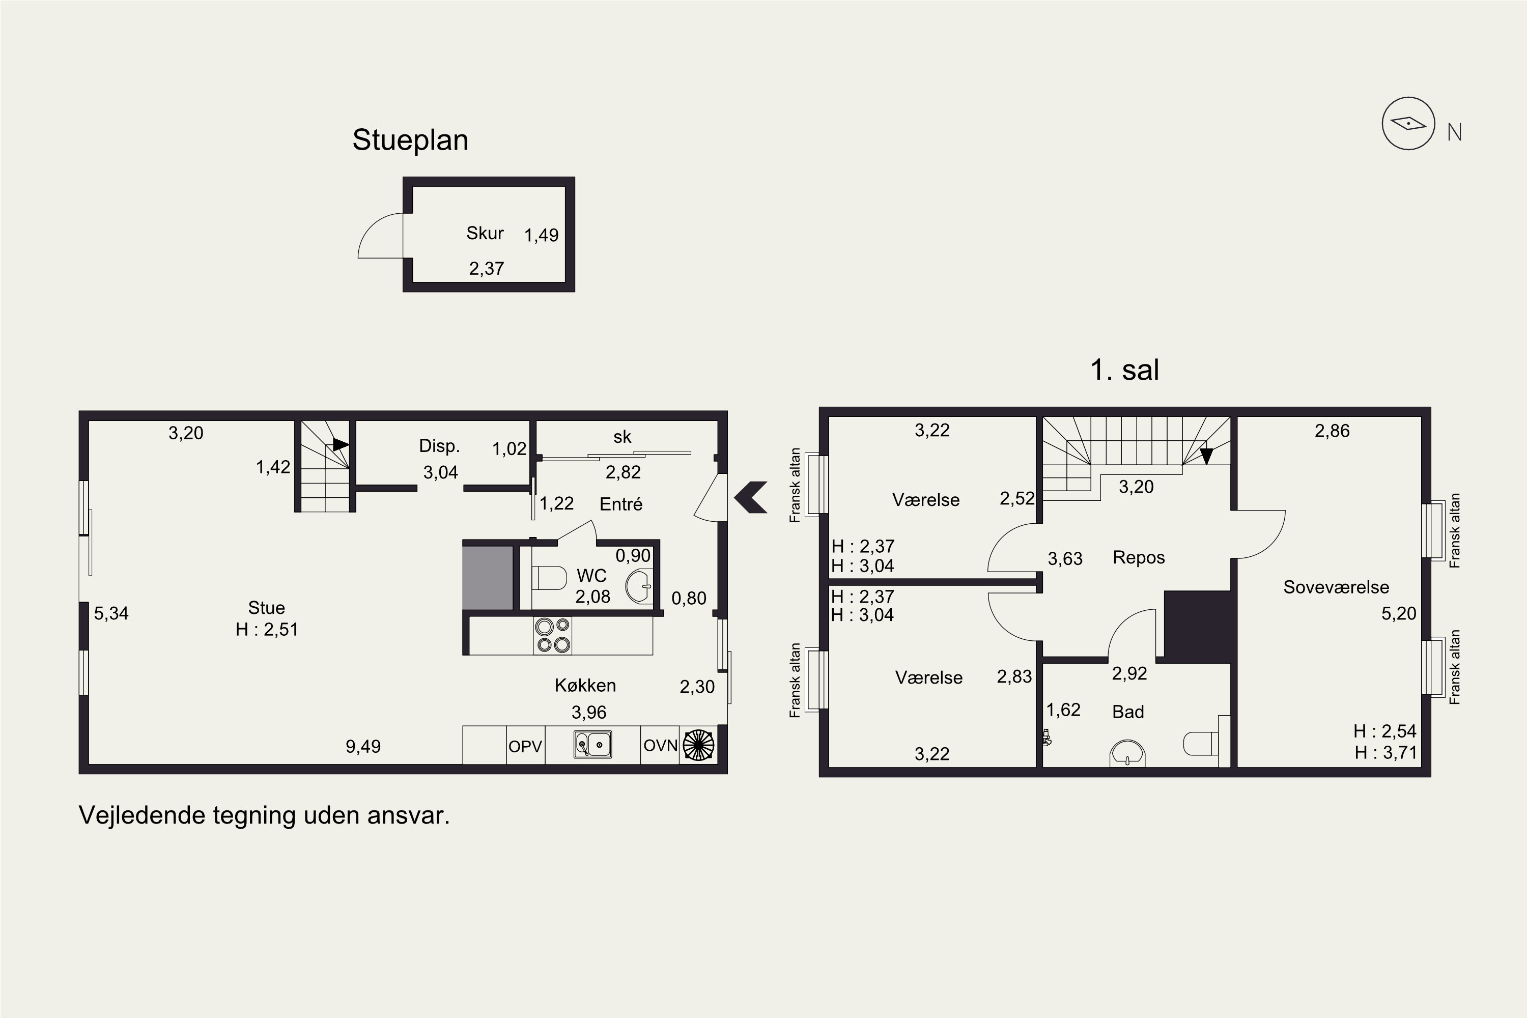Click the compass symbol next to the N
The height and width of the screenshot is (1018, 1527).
point(1408,123)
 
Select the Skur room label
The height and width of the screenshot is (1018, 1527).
point(485,233)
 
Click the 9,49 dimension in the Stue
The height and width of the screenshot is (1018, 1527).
point(363,747)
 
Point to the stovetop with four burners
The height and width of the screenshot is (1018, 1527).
point(552,635)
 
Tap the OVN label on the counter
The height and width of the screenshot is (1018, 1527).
point(660,745)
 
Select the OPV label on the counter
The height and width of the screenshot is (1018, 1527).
point(525,747)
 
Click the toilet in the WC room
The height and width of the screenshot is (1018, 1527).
point(549,578)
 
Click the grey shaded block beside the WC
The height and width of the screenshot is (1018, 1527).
point(488,578)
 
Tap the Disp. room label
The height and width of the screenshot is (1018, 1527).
point(440,446)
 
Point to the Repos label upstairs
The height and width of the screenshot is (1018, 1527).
point(1139,558)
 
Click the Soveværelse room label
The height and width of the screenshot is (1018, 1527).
point(1336,587)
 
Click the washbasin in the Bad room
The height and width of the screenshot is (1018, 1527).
point(1128,752)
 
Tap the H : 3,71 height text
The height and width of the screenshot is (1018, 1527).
point(1385,752)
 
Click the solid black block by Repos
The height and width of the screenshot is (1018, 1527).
point(1198,627)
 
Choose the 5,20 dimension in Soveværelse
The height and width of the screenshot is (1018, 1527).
point(1398,613)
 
